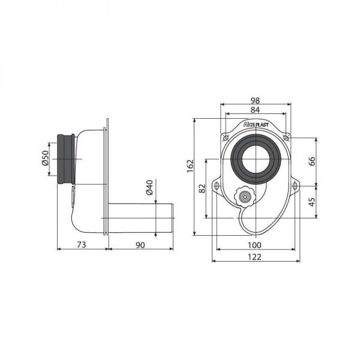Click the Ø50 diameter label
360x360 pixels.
(45, 158)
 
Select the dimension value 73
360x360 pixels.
(82, 244)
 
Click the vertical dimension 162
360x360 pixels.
(190, 167)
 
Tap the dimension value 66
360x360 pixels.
(311, 161)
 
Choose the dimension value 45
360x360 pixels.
(311, 202)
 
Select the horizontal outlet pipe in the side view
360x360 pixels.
(141, 214)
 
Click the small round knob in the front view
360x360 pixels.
(244, 196)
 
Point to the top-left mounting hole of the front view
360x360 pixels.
(226, 138)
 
